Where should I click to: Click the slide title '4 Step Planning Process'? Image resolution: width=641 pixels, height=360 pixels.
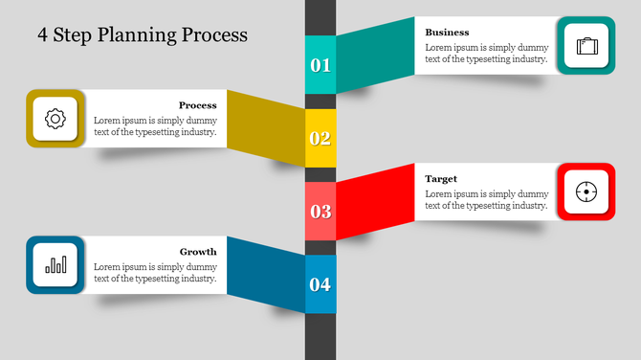143,35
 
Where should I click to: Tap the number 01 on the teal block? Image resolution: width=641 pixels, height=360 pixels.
320,65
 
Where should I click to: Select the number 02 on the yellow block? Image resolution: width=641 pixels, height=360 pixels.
320,138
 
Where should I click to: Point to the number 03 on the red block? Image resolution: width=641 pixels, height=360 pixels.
320,212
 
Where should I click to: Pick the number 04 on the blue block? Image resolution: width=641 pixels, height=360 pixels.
320,284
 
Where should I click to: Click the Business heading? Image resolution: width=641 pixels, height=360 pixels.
448,33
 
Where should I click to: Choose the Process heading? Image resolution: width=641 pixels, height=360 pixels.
197,105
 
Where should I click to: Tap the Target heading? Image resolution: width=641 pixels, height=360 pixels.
441,179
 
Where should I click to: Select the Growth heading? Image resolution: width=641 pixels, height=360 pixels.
198,252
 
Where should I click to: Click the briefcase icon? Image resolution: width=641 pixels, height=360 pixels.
586,45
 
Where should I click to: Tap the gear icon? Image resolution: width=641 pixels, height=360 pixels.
55,119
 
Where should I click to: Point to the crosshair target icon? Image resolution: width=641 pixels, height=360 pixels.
586,191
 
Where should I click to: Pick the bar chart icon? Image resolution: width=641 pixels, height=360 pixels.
55,264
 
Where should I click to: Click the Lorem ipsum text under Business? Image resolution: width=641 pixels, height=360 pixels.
487,53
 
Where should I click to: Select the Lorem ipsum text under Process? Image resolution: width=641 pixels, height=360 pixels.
155,126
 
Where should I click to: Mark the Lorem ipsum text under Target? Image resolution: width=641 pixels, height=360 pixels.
487,199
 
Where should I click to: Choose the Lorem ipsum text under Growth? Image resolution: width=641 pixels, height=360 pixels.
155,273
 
